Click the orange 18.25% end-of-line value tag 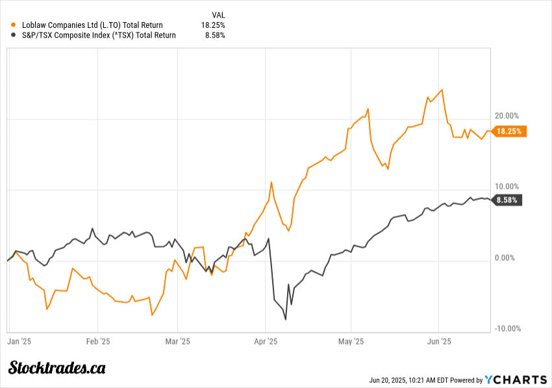[510, 130]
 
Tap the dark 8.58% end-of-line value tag [507, 200]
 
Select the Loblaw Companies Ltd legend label [92, 25]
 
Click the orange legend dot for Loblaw [14, 25]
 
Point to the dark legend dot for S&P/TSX [14, 36]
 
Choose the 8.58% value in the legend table [216, 36]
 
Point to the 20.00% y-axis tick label [508, 115]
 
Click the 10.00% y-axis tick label [508, 187]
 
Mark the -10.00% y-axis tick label [507, 328]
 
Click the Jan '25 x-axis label [19, 340]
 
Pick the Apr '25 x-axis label [266, 340]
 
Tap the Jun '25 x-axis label [440, 340]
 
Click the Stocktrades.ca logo [57, 368]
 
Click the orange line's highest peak [442, 90]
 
